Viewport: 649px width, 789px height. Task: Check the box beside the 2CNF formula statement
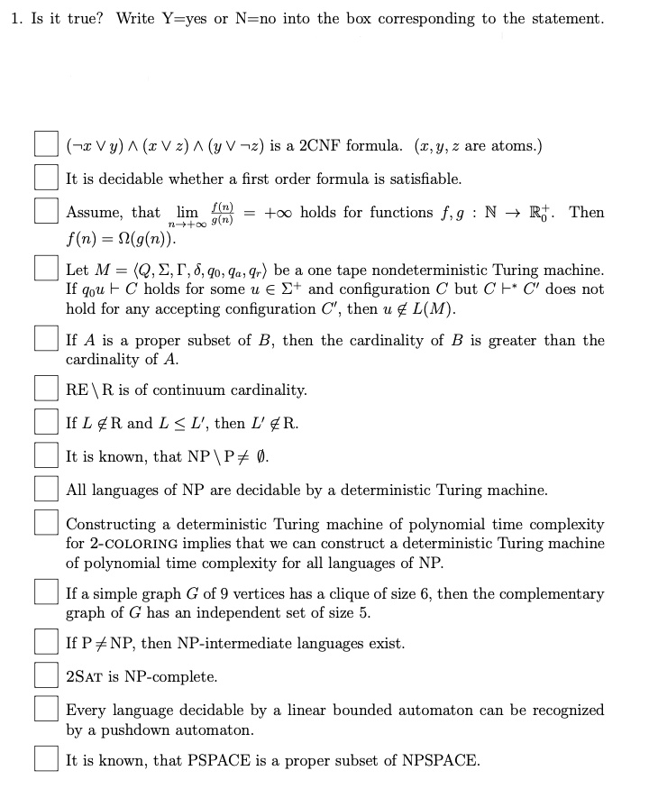(x=47, y=145)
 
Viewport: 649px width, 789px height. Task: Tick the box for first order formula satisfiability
(x=47, y=179)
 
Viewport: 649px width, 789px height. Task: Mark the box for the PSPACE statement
(x=47, y=759)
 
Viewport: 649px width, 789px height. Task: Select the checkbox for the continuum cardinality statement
(x=47, y=390)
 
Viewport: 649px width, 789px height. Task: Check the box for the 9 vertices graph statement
(x=47, y=594)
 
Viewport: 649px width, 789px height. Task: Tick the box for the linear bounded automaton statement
(x=47, y=711)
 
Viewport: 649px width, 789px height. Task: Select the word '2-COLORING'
(x=134, y=544)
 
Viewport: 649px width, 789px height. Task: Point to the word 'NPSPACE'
(x=441, y=760)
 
